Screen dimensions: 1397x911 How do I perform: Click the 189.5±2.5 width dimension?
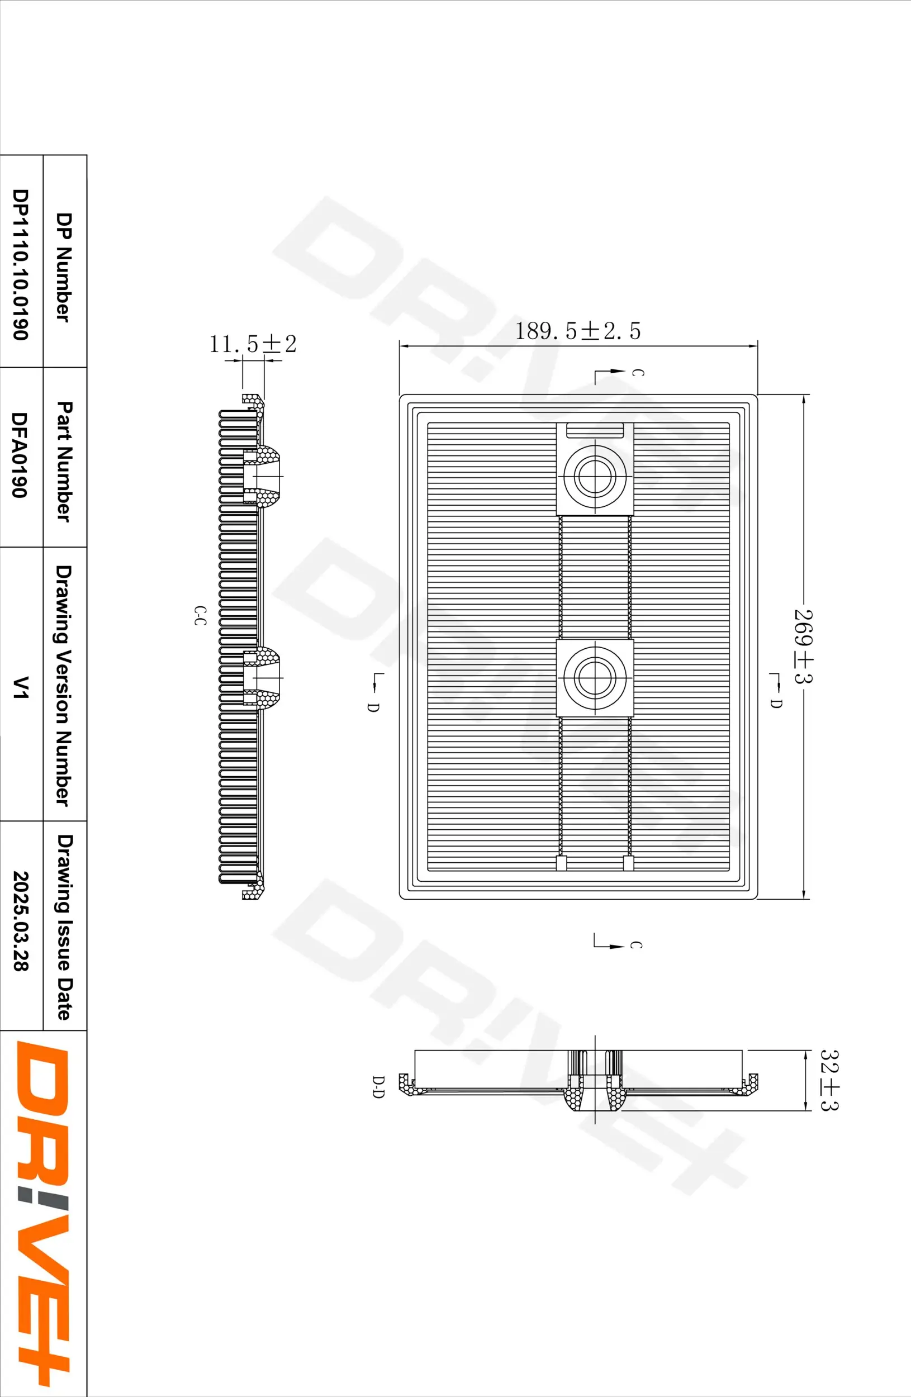click(577, 331)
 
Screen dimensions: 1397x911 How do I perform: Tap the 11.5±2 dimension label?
click(253, 344)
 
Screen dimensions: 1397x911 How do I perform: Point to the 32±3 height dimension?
click(829, 1080)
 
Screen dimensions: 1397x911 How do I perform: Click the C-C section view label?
click(200, 615)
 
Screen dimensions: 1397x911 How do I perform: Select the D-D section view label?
click(378, 1087)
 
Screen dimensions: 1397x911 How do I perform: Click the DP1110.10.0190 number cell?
click(21, 264)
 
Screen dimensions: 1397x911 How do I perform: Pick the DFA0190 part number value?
click(21, 455)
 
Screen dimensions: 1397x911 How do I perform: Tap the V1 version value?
click(21, 687)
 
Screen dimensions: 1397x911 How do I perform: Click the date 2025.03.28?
click(21, 920)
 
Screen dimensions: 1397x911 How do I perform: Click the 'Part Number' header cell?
click(65, 461)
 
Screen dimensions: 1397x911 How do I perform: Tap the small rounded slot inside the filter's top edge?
click(594, 431)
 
